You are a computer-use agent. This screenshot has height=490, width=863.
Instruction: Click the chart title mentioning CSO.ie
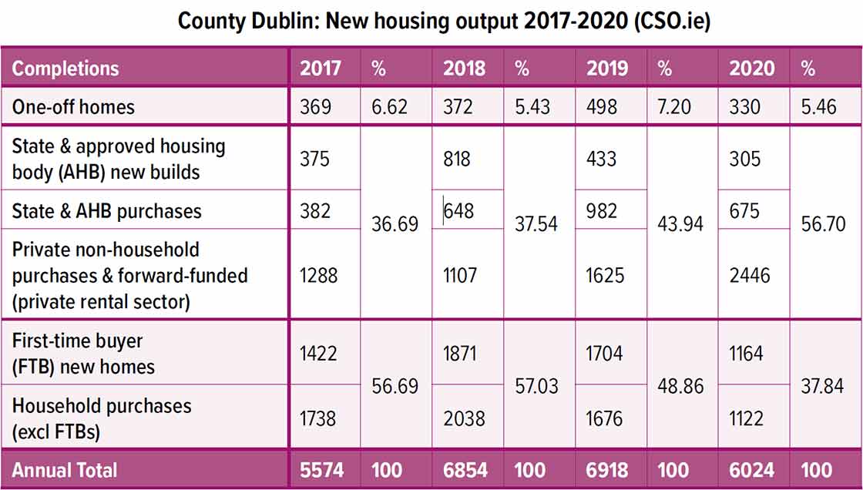[x=444, y=21]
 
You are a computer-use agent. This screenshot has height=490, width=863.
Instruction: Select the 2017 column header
[x=321, y=69]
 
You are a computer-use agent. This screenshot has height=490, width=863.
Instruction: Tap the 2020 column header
[x=751, y=69]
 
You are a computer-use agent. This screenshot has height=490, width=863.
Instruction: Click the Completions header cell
[x=65, y=69]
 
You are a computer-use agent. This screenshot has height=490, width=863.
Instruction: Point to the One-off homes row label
[x=73, y=106]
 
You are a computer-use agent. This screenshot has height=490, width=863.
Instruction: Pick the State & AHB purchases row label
[x=106, y=211]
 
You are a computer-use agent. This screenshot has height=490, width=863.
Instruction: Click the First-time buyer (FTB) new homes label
[x=83, y=354]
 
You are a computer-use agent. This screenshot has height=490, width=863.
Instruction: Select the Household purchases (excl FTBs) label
[x=102, y=418]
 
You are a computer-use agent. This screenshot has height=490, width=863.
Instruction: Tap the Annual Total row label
[x=65, y=470]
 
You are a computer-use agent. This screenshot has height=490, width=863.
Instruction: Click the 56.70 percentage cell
[x=822, y=223]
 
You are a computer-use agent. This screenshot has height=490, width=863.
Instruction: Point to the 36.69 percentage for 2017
[x=395, y=223]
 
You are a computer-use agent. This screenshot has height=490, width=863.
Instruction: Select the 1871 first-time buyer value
[x=460, y=354]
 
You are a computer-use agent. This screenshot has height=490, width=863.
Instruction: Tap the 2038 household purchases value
[x=464, y=418]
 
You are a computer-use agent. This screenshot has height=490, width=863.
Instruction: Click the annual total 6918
[x=607, y=470]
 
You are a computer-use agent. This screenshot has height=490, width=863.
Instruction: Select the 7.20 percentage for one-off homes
[x=674, y=106]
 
